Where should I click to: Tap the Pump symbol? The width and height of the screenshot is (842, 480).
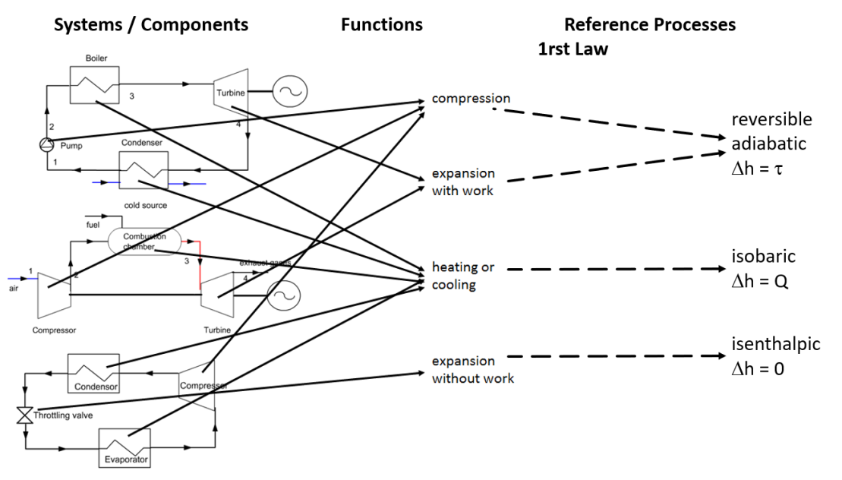tap(47, 144)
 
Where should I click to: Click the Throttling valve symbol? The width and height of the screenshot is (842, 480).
tap(25, 415)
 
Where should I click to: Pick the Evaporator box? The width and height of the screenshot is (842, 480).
tap(124, 447)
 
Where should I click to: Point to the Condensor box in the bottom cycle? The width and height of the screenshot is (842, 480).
tap(93, 373)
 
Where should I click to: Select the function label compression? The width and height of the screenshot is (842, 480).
tap(471, 99)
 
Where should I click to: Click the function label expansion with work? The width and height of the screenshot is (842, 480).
tap(462, 182)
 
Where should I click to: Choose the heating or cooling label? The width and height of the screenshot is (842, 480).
tap(464, 276)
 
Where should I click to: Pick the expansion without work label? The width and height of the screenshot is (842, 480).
tap(472, 370)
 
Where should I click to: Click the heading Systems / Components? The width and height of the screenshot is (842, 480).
tap(151, 24)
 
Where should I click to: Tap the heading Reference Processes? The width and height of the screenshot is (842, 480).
tap(650, 24)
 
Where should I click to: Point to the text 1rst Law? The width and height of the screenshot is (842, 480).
tap(573, 50)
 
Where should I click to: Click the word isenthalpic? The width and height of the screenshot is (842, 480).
tap(776, 344)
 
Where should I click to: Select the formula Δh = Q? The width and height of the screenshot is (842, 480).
tap(760, 281)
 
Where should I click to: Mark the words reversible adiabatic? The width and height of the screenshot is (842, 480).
tap(771, 131)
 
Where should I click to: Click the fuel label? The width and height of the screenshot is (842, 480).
tap(93, 225)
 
